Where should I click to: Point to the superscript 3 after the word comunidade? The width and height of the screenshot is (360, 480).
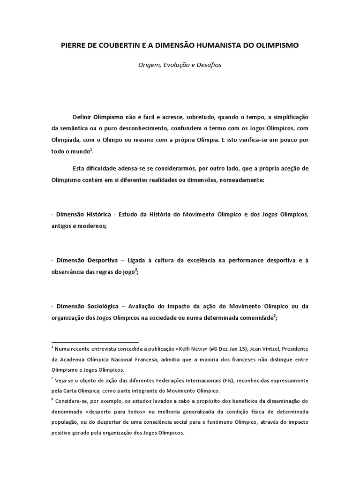coord(275,315)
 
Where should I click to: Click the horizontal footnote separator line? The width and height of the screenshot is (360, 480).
coord(95,342)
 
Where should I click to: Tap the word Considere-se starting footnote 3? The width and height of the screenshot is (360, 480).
coord(71,401)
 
